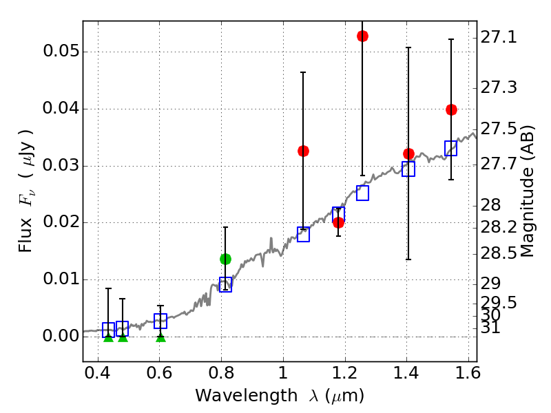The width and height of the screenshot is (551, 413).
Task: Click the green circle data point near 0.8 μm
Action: (225, 259)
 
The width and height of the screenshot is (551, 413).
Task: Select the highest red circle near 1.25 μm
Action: (362, 36)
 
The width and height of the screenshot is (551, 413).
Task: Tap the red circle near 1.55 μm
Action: (451, 109)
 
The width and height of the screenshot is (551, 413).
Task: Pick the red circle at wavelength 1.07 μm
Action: (303, 151)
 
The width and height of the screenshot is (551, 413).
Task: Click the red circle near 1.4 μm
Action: (408, 153)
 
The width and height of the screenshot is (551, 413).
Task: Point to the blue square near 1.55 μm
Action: (451, 148)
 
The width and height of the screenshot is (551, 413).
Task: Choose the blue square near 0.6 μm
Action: (160, 321)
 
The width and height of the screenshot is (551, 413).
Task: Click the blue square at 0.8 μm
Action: (225, 284)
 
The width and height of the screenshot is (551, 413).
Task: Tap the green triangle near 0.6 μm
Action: (160, 337)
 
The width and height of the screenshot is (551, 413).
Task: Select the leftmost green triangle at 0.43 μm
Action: (108, 337)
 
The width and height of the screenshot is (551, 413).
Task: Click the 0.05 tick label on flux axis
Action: (61, 52)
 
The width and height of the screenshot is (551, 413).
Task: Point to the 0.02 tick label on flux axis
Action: (61, 223)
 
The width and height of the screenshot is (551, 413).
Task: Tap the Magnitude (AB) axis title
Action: (528, 191)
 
